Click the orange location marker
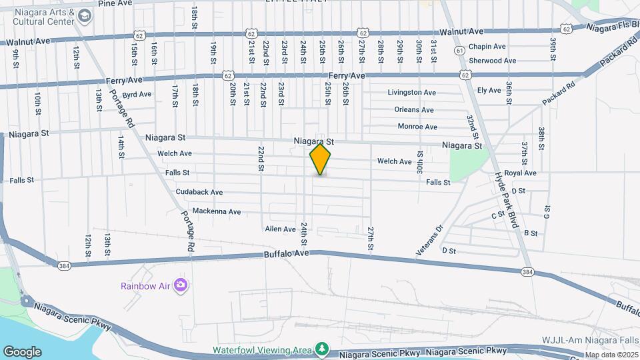pyautogui.click(x=320, y=159)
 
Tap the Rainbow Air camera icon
pyautogui.click(x=180, y=286)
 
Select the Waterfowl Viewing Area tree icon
pyautogui.click(x=322, y=349)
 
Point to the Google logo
pyautogui.click(x=22, y=351)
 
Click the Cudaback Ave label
pyautogui.click(x=199, y=192)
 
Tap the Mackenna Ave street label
pyautogui.click(x=217, y=211)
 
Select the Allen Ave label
pyautogui.click(x=280, y=229)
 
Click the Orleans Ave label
pyautogui.click(x=414, y=110)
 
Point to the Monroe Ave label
pyautogui.click(x=417, y=127)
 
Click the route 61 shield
pyautogui.click(x=459, y=51)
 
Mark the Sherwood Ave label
pyautogui.click(x=493, y=61)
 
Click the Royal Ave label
pyautogui.click(x=521, y=173)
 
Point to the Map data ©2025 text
pyautogui.click(x=612, y=355)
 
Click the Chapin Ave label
pyautogui.click(x=487, y=47)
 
